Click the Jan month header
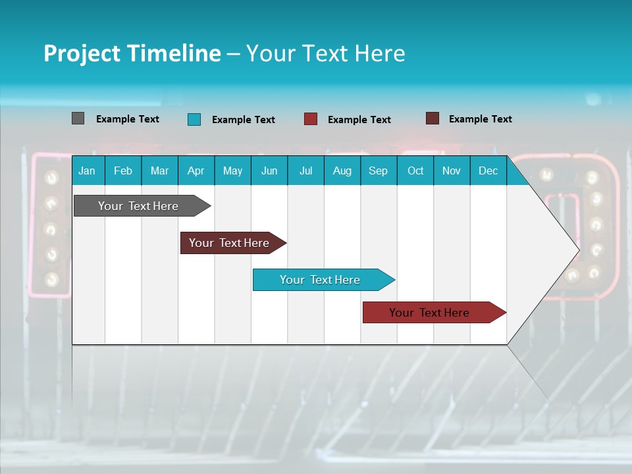(87, 171)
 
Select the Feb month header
(123, 171)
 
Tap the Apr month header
(196, 171)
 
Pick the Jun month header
(269, 171)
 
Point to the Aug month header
(342, 171)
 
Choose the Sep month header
(378, 171)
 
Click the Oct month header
(415, 171)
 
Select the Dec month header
(488, 171)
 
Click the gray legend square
(78, 118)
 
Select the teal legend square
(194, 119)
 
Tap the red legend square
(311, 119)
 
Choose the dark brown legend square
(432, 118)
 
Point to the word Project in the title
(81, 53)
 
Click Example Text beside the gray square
(128, 119)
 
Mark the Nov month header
(452, 171)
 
